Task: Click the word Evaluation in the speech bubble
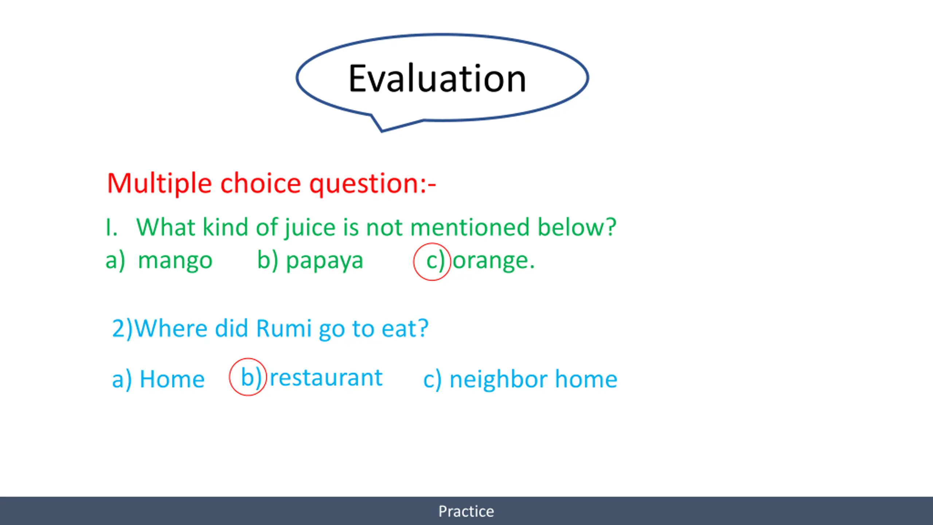(x=437, y=78)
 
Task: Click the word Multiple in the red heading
(x=159, y=183)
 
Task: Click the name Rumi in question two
(x=284, y=328)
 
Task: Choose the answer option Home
(x=172, y=379)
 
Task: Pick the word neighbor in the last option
(x=499, y=380)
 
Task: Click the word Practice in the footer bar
(x=466, y=511)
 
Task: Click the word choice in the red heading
(x=261, y=183)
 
